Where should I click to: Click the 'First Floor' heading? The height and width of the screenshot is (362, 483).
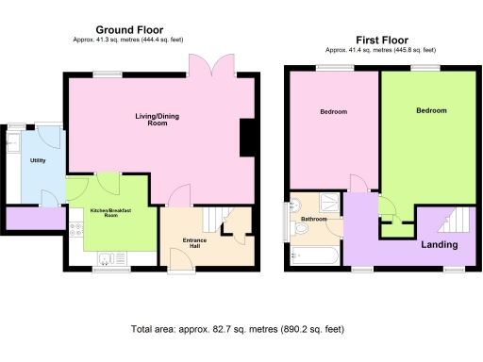pos(375,41)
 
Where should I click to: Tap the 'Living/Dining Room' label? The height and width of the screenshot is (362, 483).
pos(157,121)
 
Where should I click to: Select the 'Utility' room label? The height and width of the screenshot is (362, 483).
pos(38,161)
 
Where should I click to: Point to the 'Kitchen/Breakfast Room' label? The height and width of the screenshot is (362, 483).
pos(110,213)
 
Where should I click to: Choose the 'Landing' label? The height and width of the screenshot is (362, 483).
pos(439,245)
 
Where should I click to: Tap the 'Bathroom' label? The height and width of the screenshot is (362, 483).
pos(314,220)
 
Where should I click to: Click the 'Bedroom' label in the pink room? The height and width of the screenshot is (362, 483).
pos(333,112)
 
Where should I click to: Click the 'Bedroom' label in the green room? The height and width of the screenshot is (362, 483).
pos(431,110)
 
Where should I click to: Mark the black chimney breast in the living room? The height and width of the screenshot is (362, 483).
pos(247,138)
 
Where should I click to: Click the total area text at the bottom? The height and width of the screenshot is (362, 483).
pos(237,329)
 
